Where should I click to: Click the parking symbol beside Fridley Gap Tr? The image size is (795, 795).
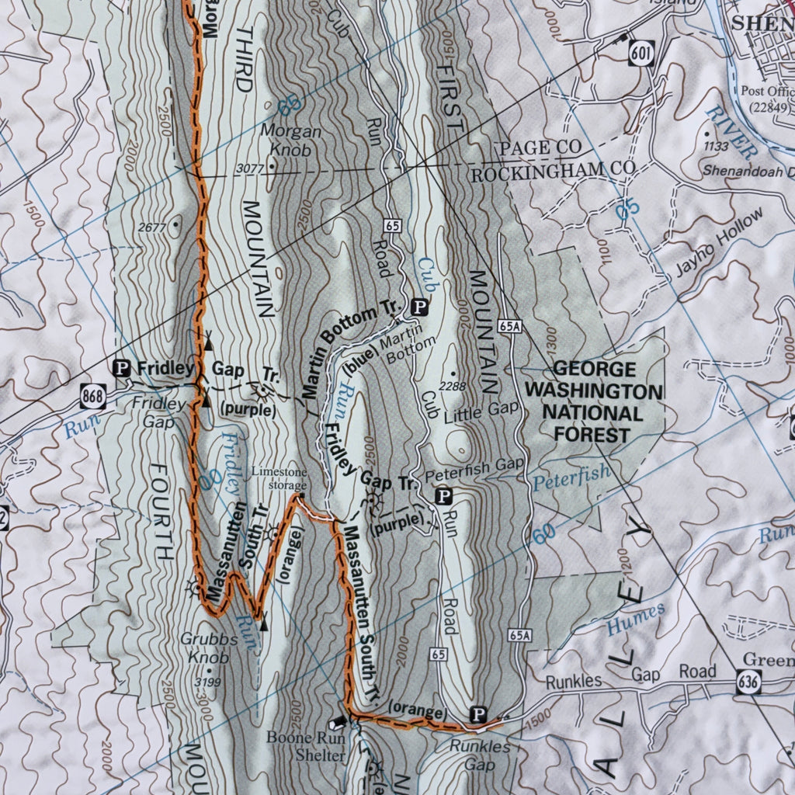(x=122, y=368)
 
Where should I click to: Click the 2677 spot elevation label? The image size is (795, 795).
(x=152, y=227)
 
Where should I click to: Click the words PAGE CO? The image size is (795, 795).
(x=540, y=148)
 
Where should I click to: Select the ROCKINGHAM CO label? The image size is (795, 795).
(x=554, y=170)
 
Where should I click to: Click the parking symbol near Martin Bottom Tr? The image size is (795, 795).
(x=420, y=307)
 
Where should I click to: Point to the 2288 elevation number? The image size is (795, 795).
(x=451, y=386)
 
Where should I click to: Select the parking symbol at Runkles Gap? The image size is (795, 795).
(x=479, y=713)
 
